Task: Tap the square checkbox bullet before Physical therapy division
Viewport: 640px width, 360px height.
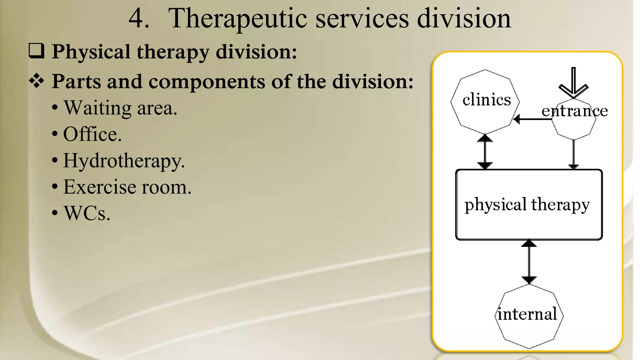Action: (37, 51)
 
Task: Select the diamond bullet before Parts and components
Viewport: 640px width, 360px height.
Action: (37, 81)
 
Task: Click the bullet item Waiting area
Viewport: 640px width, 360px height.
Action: (120, 108)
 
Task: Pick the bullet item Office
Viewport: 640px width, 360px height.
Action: (92, 134)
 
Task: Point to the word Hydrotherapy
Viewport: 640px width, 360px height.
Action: (124, 161)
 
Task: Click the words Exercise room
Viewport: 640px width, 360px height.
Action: (127, 187)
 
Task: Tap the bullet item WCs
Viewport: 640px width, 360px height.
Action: (87, 213)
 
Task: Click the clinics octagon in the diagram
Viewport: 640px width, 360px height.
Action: (485, 102)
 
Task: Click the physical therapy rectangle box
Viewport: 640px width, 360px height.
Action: (529, 205)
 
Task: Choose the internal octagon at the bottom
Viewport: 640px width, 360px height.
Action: (529, 316)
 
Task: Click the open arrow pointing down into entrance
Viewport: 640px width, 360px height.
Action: (573, 83)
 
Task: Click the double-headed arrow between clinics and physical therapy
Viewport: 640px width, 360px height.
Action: (485, 152)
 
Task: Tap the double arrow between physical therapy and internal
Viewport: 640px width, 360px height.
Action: (529, 262)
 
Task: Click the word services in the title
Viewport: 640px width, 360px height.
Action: (362, 19)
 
